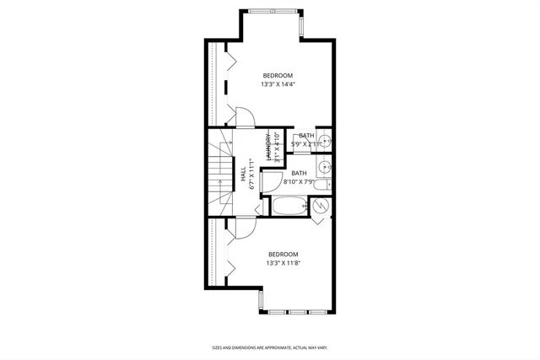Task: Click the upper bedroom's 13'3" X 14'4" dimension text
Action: point(277,84)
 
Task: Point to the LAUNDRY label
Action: point(268,147)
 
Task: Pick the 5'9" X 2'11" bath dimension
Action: point(305,144)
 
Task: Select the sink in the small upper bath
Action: point(324,142)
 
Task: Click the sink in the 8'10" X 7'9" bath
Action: point(325,166)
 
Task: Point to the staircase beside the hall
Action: point(221,172)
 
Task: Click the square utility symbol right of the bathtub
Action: point(321,207)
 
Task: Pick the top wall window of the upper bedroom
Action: point(272,11)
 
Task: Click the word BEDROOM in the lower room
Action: point(283,255)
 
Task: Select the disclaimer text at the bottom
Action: point(269,347)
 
